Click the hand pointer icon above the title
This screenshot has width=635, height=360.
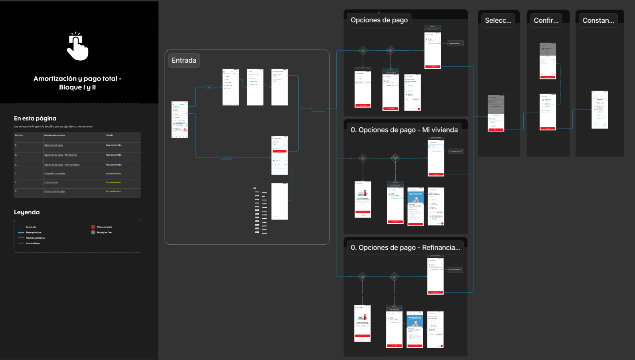pos(77,47)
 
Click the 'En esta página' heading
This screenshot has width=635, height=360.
pos(35,119)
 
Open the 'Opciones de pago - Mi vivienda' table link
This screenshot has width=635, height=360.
pos(61,155)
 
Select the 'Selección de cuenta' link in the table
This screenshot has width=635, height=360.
pos(55,174)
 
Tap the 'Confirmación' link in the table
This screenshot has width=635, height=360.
pos(51,182)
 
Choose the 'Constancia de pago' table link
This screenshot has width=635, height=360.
pos(54,191)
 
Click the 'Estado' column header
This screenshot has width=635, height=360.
pos(109,135)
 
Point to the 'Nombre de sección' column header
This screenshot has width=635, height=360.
pos(54,135)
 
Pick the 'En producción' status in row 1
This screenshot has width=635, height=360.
pos(113,174)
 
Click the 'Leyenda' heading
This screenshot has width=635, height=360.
pos(27,212)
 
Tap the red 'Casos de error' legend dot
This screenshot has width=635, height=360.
pos(93,227)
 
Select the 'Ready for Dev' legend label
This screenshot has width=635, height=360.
pos(105,232)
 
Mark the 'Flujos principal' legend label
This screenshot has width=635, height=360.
pos(34,232)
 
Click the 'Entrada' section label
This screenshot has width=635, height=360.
pos(184,60)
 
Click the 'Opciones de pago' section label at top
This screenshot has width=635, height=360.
pos(379,20)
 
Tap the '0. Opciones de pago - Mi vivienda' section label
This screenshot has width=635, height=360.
pos(404,130)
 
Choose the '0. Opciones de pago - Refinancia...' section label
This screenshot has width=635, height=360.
pos(405,247)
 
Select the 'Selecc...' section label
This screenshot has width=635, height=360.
pos(498,20)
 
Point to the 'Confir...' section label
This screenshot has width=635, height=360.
pos(546,20)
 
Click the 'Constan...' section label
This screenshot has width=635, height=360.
pos(598,20)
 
